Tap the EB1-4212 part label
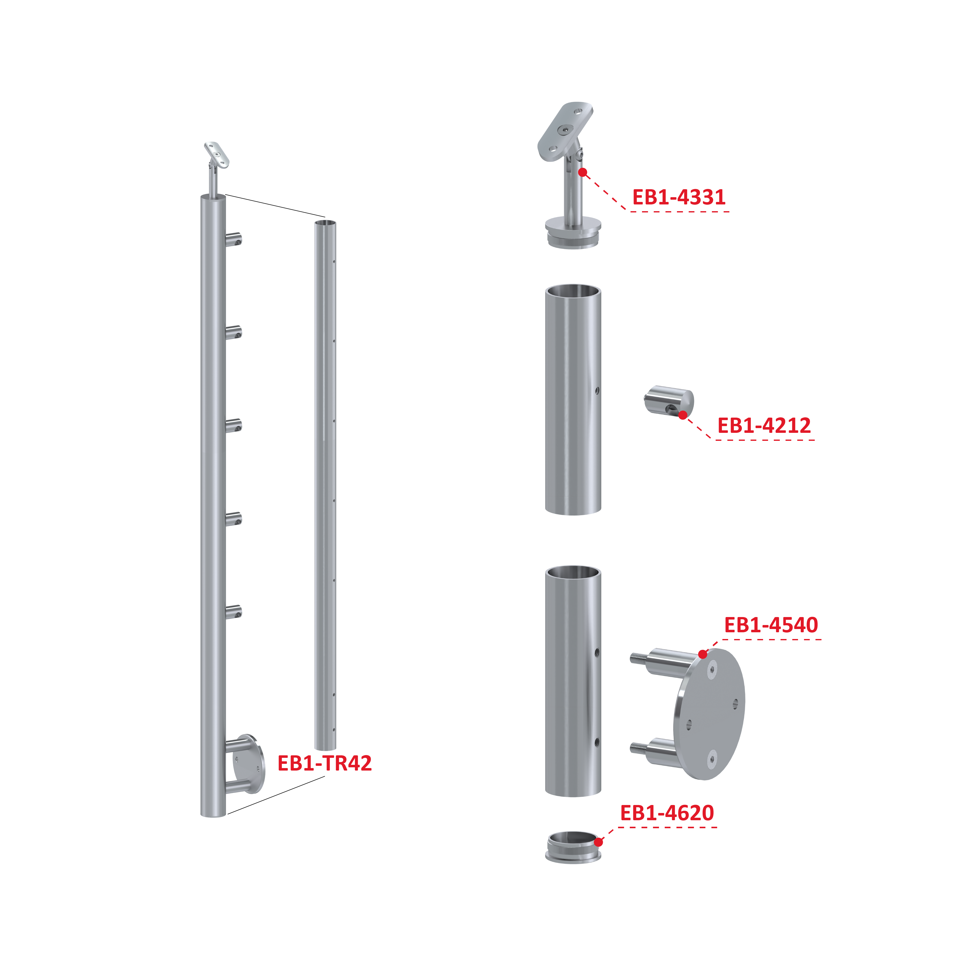(x=764, y=425)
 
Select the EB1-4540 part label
(x=771, y=625)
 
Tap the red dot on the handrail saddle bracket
(x=583, y=172)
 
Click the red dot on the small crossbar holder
(x=682, y=415)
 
